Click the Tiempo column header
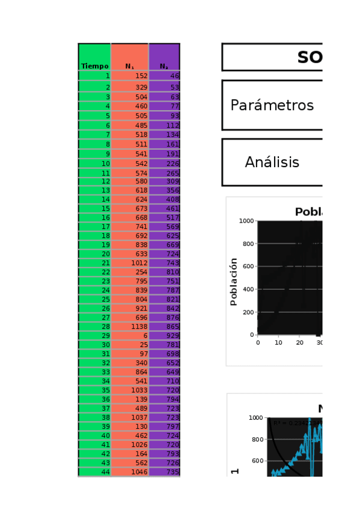coord(95,66)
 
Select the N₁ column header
coord(130,66)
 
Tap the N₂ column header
coord(164,66)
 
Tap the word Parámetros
coord(272,105)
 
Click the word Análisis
coord(272,162)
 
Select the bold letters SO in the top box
coord(310,58)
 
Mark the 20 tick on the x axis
coord(299,342)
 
